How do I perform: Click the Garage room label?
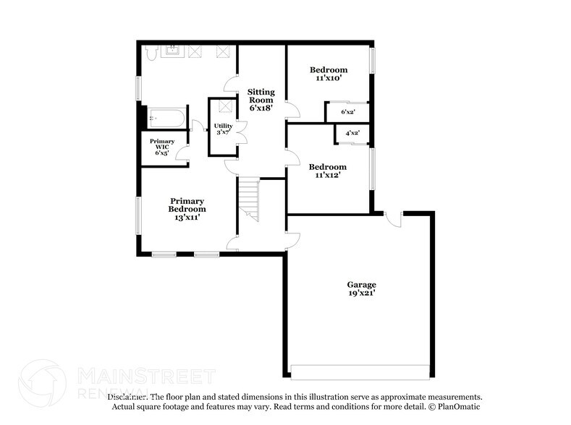361,284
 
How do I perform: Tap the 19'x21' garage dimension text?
361,293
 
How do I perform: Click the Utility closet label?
223,126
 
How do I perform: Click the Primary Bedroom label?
187,205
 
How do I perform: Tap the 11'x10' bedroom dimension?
329,80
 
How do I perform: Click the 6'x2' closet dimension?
348,112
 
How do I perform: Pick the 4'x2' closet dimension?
352,134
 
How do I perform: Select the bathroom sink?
174,51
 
